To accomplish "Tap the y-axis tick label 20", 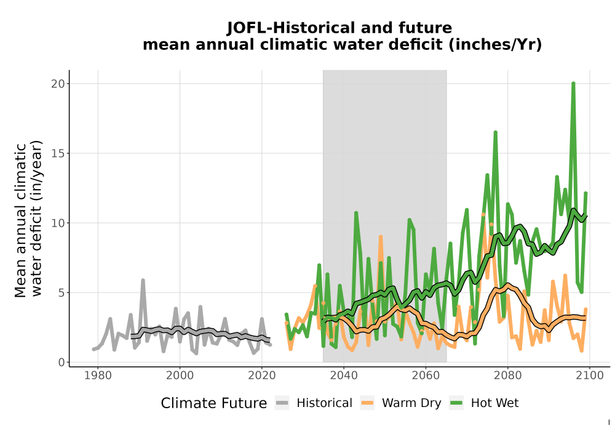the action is pyautogui.click(x=58, y=84).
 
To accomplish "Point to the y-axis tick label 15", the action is pyautogui.click(x=58, y=153).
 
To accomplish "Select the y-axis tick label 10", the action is pyautogui.click(x=58, y=223).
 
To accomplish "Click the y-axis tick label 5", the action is pyautogui.click(x=61, y=292).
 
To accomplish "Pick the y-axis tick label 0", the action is pyautogui.click(x=61, y=362).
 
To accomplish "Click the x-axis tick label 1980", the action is pyautogui.click(x=98, y=376).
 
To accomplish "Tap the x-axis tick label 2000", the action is pyautogui.click(x=180, y=376).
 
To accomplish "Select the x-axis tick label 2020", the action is pyautogui.click(x=261, y=376).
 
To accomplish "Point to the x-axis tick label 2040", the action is pyautogui.click(x=344, y=376).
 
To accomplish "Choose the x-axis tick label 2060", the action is pyautogui.click(x=426, y=376).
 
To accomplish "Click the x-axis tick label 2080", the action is pyautogui.click(x=507, y=376).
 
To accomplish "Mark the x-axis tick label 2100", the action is pyautogui.click(x=590, y=376).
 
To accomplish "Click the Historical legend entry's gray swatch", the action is pyautogui.click(x=282, y=403).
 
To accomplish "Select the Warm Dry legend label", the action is pyautogui.click(x=411, y=403).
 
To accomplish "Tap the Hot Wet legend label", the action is pyautogui.click(x=494, y=403).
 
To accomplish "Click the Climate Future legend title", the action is pyautogui.click(x=214, y=403).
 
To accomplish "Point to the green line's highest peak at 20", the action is pyautogui.click(x=573, y=83).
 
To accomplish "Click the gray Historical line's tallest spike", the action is pyautogui.click(x=143, y=280).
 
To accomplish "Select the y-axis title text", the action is pyautogui.click(x=28, y=219).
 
